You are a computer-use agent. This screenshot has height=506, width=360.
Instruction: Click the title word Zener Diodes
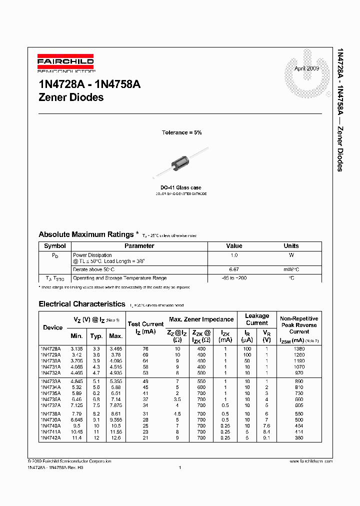pos(71,97)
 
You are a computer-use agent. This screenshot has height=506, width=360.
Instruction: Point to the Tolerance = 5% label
pos(181,132)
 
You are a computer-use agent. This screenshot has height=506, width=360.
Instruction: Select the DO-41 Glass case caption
pos(181,187)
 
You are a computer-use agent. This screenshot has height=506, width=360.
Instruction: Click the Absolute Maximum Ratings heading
pos(86,234)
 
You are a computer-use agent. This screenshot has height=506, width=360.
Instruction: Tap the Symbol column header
pos(55,246)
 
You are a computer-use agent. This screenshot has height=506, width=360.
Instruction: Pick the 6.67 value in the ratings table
pos(234,269)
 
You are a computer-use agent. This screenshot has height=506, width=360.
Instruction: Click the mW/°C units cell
pos(291,269)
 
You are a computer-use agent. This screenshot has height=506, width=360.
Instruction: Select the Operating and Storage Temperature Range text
pos(120,278)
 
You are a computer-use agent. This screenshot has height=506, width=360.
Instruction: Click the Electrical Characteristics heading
pos(82,304)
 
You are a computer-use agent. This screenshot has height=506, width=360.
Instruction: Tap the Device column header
pos(53,327)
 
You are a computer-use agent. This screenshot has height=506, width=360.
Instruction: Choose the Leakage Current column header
pos(257,319)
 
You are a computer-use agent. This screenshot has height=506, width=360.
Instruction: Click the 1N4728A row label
pos(50,348)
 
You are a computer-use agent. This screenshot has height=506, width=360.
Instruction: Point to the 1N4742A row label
pos(50,437)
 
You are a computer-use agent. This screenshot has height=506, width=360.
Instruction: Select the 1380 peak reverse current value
pos(299,348)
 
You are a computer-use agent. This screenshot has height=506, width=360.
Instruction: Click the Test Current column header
pos(145,324)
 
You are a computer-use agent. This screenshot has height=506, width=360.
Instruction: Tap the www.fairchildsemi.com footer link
pos(310,461)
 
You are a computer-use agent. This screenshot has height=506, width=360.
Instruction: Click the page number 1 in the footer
pos(179,467)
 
